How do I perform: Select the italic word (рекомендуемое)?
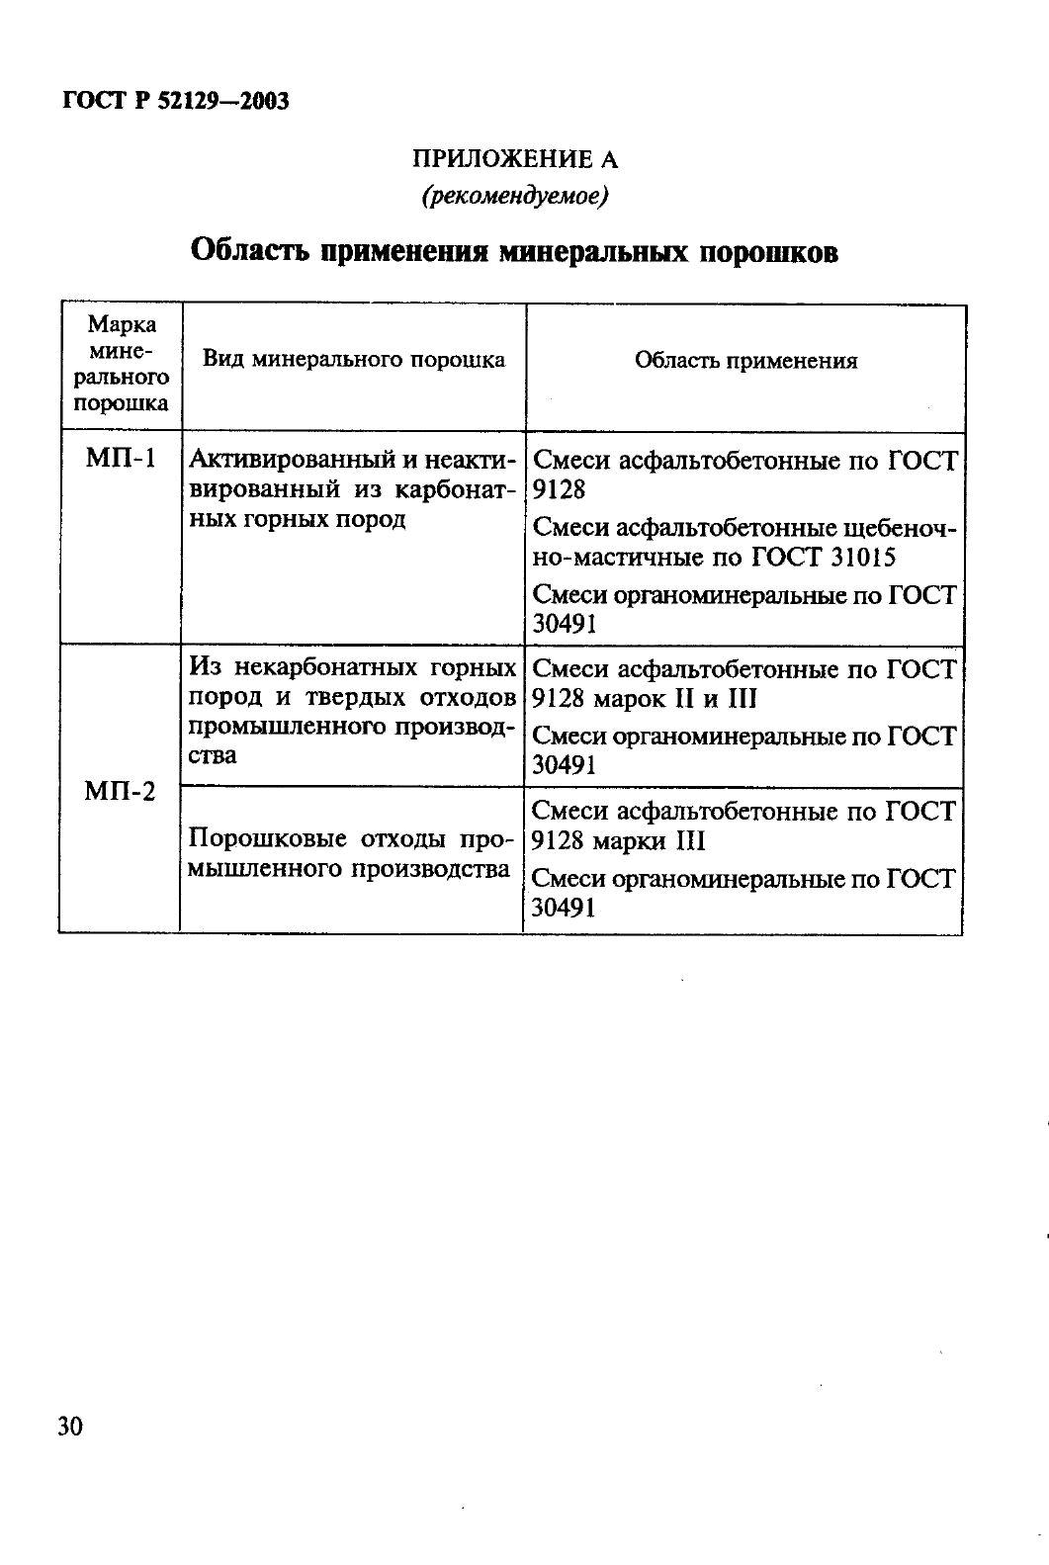(x=514, y=196)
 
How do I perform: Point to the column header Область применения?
(x=745, y=361)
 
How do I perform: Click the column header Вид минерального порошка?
(x=353, y=359)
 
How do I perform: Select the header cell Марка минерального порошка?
(x=122, y=364)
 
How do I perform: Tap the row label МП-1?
(x=121, y=460)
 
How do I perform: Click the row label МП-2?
(x=120, y=791)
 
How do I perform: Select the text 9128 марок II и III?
(x=644, y=698)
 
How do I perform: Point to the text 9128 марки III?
(x=618, y=840)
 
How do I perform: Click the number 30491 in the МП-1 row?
(x=564, y=624)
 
